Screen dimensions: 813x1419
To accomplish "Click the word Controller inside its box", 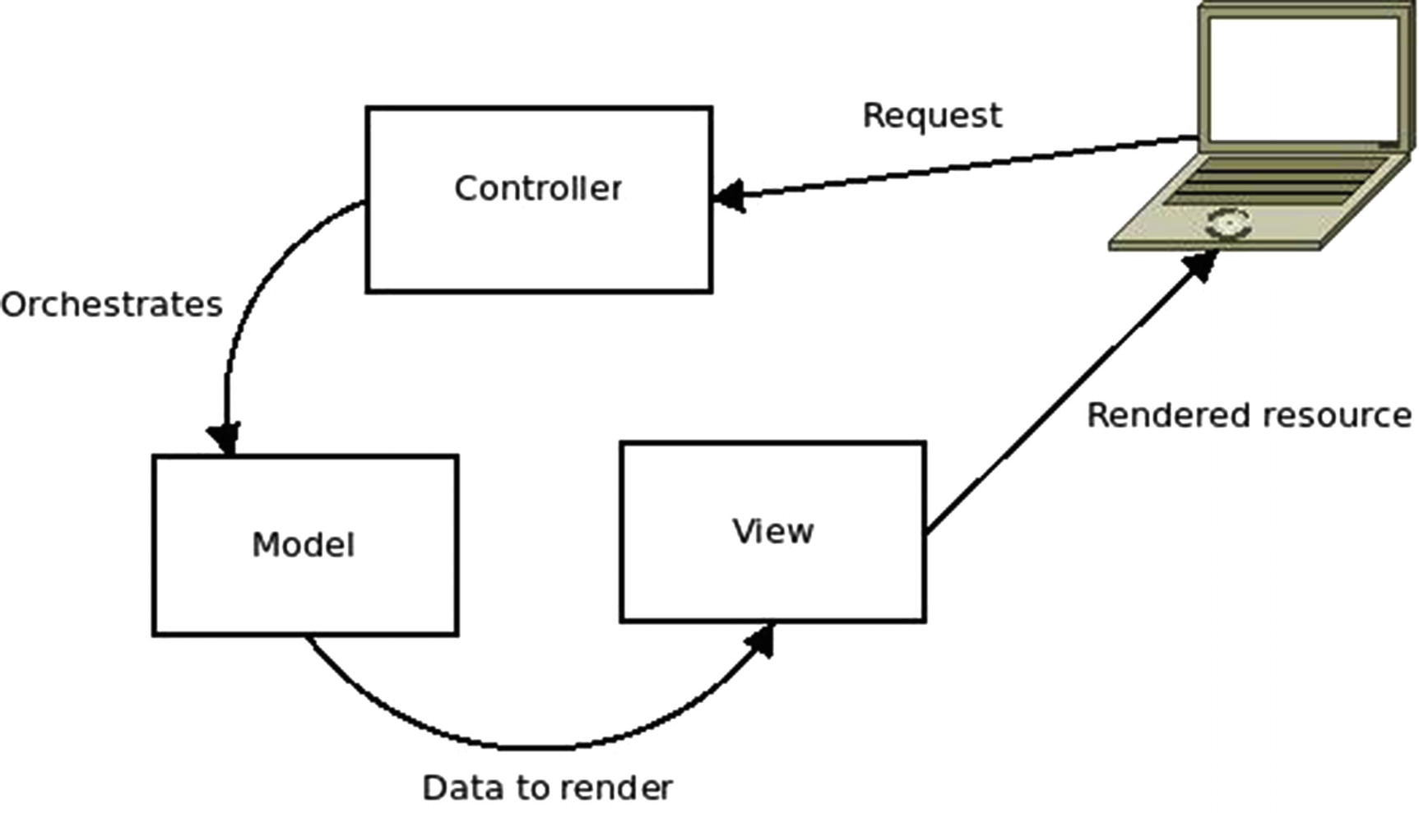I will click(538, 189).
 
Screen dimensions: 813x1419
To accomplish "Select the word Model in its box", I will click(303, 545).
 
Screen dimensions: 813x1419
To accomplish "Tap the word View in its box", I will click(772, 531).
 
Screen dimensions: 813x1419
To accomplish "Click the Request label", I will click(932, 116).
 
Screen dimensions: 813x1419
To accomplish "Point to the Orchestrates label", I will click(112, 305).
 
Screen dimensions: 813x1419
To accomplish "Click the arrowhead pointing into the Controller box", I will click(729, 196).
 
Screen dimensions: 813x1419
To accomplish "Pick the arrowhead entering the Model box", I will click(225, 438).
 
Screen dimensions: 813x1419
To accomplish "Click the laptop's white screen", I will click(1302, 77).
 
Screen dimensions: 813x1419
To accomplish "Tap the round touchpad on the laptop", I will click(1227, 223).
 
